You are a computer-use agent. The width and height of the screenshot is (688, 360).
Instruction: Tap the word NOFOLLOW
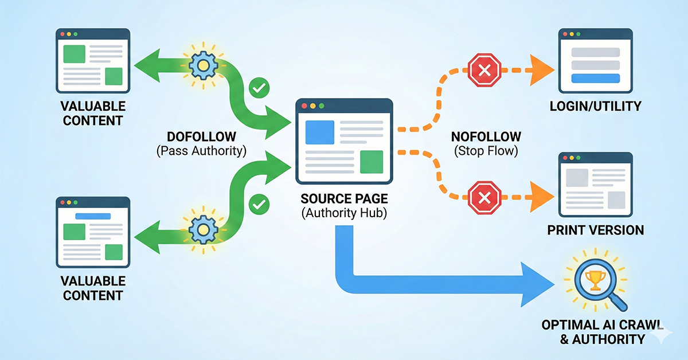coord(486,138)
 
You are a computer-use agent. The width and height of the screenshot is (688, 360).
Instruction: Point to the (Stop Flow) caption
coord(486,152)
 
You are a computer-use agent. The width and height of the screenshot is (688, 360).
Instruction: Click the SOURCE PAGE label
coord(344,200)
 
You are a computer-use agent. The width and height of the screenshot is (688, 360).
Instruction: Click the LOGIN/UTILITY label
coord(595,106)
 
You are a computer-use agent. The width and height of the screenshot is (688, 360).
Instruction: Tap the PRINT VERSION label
coord(595,230)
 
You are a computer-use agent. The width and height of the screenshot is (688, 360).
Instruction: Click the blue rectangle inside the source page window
coord(320,132)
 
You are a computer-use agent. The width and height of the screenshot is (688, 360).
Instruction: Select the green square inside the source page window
coord(371,161)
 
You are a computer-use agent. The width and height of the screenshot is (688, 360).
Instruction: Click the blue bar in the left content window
coord(93,217)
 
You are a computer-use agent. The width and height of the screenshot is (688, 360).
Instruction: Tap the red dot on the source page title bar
coord(304,107)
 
